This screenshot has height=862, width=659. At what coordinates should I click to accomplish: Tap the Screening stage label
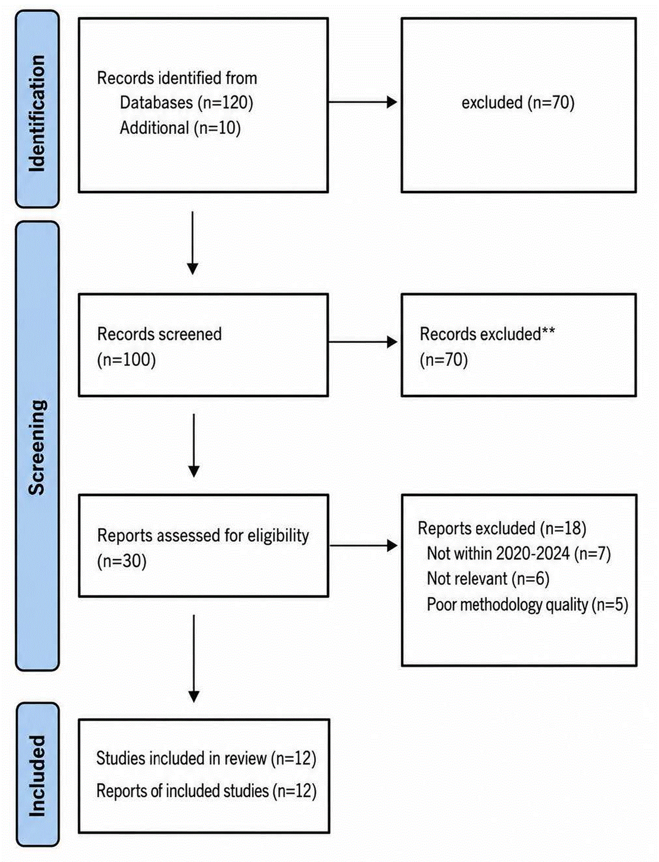[37, 447]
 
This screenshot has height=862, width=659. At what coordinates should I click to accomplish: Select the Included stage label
[37, 776]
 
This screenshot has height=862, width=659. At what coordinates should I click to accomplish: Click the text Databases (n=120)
[186, 103]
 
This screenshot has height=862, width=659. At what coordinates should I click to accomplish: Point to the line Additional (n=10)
[180, 128]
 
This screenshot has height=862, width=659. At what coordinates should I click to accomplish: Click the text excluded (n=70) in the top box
[518, 103]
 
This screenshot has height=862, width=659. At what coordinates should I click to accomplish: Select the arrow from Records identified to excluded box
[363, 102]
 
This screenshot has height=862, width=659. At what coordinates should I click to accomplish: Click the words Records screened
[160, 334]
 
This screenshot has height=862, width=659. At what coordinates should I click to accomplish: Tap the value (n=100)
[127, 360]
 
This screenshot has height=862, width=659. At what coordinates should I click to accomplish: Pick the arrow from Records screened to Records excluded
[363, 342]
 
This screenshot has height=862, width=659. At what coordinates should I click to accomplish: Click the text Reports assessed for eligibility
[203, 536]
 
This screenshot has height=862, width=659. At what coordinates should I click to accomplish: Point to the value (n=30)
[122, 561]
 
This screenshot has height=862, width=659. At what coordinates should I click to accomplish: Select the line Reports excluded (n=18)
[502, 528]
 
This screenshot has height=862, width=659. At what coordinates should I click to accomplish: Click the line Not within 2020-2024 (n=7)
[519, 554]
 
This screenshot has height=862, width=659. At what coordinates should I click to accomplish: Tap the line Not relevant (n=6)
[488, 579]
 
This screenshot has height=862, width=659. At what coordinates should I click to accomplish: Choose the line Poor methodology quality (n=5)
[528, 605]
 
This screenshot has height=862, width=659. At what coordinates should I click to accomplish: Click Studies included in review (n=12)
[206, 758]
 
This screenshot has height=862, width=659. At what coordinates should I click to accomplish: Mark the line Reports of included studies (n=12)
[206, 791]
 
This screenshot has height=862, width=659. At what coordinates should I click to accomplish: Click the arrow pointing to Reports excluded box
[363, 546]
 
